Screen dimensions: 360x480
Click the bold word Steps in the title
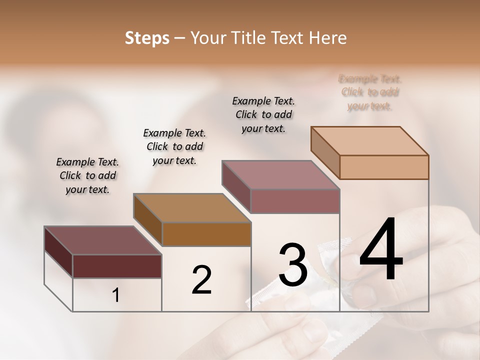[147, 38]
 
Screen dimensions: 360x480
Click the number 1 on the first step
[116, 295]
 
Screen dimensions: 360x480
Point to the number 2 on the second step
[201, 280]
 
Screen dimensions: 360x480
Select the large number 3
[293, 264]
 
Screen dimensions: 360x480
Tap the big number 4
[381, 250]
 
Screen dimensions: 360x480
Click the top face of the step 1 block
[102, 240]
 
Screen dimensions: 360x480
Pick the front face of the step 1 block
[117, 266]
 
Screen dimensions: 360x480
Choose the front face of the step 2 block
[206, 234]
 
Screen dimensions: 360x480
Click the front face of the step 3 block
[295, 201]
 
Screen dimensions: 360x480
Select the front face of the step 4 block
[384, 167]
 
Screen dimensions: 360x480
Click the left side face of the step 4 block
[325, 152]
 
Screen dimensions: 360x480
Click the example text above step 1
[87, 175]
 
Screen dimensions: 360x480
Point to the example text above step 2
[174, 146]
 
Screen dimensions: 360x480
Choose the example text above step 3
[263, 114]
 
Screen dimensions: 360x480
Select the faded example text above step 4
[370, 92]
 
